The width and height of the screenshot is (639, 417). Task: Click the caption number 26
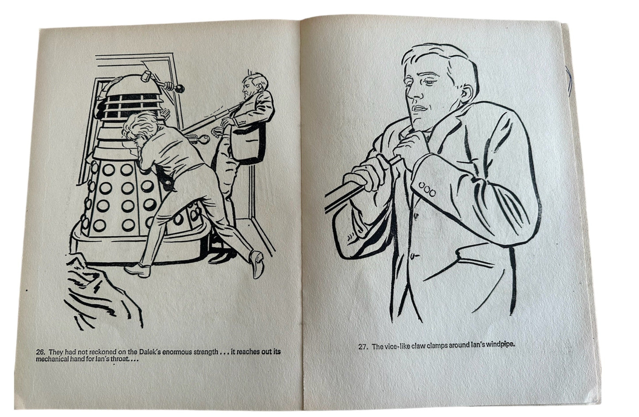[40, 352]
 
